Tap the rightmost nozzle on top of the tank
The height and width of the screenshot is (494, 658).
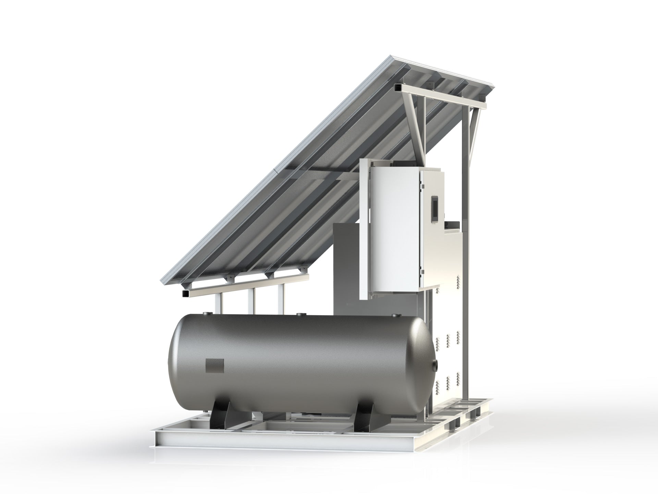395,315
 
